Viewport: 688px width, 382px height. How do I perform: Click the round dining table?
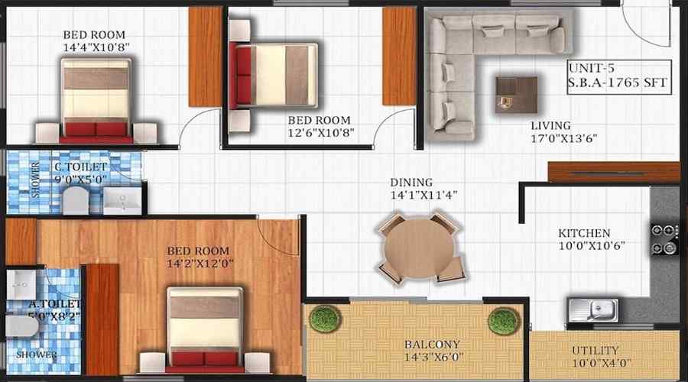pos(418,248)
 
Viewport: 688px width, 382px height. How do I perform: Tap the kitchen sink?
pos(593,310)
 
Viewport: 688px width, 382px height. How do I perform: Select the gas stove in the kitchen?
pos(664,239)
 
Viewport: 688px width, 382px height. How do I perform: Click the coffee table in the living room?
pos(517,95)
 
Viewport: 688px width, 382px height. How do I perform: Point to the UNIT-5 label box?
pos(619,77)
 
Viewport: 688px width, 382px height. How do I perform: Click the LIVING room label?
pos(550,126)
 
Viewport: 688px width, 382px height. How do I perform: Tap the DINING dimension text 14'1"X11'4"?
pos(424,195)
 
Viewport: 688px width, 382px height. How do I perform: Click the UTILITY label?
pos(595,351)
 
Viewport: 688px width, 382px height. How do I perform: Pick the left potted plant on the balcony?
pos(325,319)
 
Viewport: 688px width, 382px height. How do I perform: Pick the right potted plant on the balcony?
pos(504,322)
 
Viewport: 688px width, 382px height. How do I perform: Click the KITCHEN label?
pos(584,233)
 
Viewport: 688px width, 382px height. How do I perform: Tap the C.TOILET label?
pos(81,167)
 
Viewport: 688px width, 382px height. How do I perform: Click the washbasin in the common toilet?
pos(122,201)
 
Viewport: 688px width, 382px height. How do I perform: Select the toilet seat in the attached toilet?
pos(21,326)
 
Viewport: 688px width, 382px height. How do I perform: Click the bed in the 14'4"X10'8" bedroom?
pos(96,101)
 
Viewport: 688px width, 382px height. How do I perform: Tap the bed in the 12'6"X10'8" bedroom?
pos(273,76)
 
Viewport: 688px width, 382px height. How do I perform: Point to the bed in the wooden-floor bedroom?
pos(204,330)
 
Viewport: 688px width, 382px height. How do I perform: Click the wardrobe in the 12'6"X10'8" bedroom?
pos(399,56)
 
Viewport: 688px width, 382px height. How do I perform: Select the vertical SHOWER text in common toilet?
pos(35,180)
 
